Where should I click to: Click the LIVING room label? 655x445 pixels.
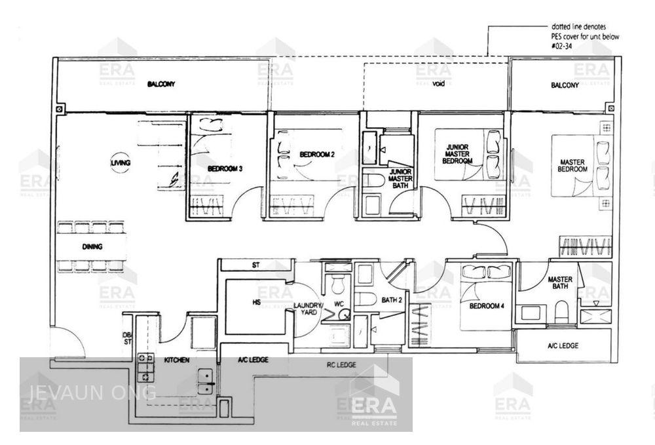pyautogui.click(x=121, y=162)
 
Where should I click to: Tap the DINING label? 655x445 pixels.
pyautogui.click(x=92, y=246)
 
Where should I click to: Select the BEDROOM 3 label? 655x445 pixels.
pyautogui.click(x=225, y=168)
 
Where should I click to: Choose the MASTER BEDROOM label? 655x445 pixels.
pyautogui.click(x=572, y=165)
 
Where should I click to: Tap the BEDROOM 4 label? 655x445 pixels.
pyautogui.click(x=485, y=305)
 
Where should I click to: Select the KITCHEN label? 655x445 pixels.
pyautogui.click(x=176, y=360)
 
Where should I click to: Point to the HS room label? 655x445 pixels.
pyautogui.click(x=257, y=303)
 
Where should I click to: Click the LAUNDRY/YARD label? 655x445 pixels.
pyautogui.click(x=307, y=309)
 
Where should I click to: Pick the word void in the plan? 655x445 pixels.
pyautogui.click(x=438, y=85)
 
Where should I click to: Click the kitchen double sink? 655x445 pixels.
pyautogui.click(x=205, y=381)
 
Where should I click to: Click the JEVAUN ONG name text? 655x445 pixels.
pyautogui.click(x=92, y=393)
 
